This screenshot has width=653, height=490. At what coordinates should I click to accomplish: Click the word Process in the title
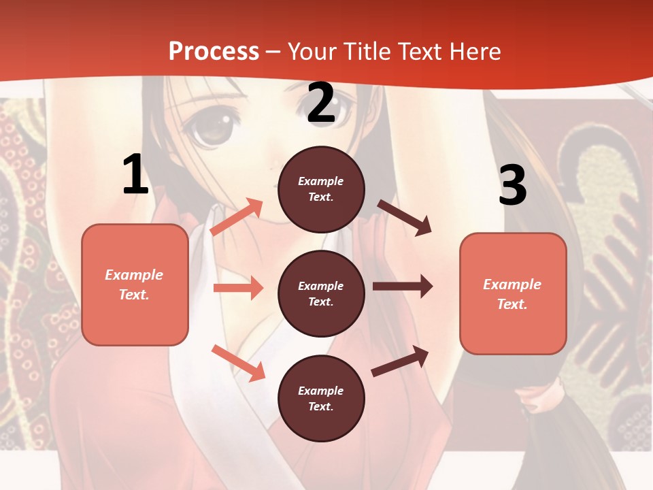click(x=214, y=51)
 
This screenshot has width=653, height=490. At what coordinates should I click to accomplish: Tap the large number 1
click(x=135, y=175)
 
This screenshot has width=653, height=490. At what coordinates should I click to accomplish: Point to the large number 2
click(x=321, y=103)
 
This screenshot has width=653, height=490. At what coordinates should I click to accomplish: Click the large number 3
click(x=512, y=186)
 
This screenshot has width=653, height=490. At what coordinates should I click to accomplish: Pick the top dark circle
click(x=321, y=189)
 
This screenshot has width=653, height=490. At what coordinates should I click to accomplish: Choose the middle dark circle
click(x=321, y=293)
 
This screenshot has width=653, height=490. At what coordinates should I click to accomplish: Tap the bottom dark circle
click(x=321, y=398)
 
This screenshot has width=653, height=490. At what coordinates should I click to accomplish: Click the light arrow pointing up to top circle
click(x=237, y=217)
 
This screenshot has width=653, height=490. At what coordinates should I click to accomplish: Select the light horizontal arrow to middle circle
click(x=238, y=288)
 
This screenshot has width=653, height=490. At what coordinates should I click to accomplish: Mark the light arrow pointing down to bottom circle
click(x=238, y=363)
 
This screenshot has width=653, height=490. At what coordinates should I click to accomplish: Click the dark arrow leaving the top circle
click(x=404, y=217)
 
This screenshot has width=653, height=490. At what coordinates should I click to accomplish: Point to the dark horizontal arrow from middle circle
click(x=402, y=287)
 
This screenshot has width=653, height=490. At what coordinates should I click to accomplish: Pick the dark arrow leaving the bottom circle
click(x=400, y=361)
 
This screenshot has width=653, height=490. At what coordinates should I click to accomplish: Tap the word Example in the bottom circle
click(x=321, y=391)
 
